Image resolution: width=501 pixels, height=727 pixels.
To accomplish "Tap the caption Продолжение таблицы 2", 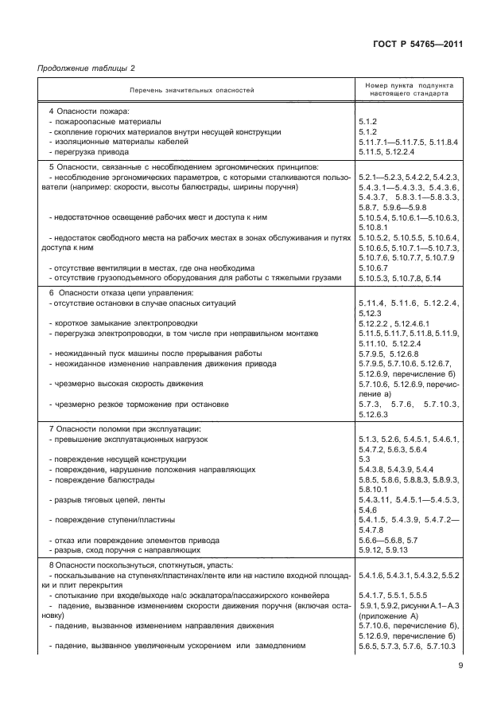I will pyautogui.click(x=87, y=70).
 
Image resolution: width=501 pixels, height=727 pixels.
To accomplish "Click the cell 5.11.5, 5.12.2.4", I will pyautogui.click(x=386, y=151).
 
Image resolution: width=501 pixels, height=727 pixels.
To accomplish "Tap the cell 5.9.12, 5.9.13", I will pyautogui.click(x=383, y=549).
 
